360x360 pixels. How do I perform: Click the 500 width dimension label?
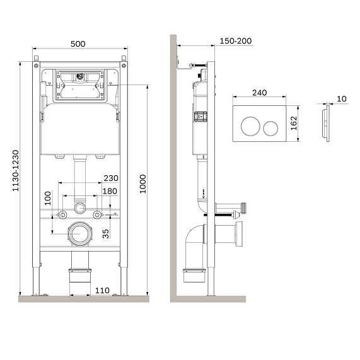(78, 44)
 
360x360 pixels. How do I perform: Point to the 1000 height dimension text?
(143, 183)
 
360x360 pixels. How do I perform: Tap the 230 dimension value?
(111, 178)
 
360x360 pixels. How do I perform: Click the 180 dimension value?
(111, 191)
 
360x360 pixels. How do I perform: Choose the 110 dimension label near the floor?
(102, 290)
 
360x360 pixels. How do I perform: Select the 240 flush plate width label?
(259, 92)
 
